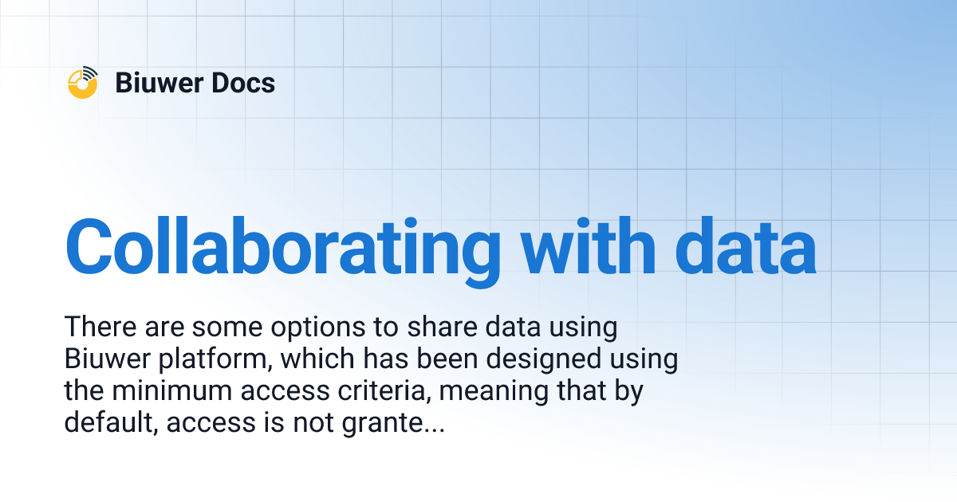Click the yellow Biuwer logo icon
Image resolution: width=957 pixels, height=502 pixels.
pos(83,83)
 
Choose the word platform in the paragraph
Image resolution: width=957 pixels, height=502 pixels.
pos(211,360)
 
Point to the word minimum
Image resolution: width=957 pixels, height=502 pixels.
pos(179,392)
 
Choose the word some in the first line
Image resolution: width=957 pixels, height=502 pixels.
pos(224,328)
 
